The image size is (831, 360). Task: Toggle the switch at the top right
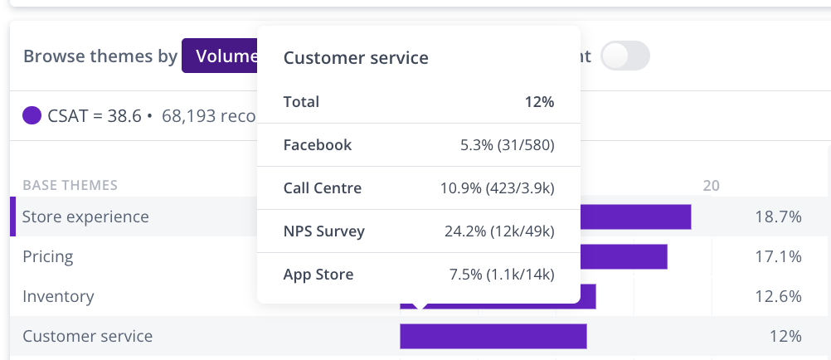point(625,56)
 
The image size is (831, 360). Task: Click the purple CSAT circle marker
point(32,115)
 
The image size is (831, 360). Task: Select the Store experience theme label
point(85,216)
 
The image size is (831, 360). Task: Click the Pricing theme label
point(48,256)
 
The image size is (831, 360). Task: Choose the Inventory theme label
point(58,296)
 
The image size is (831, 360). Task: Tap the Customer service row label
point(87,336)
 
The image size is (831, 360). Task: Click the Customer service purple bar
point(493,336)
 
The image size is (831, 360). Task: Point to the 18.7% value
point(778,216)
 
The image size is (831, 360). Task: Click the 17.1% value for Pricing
point(778,256)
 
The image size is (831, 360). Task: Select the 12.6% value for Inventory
point(778,296)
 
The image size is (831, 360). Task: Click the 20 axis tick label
point(711,185)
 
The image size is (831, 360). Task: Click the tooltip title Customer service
point(356,57)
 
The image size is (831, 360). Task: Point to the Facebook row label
point(318,145)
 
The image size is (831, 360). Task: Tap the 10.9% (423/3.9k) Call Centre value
point(497,188)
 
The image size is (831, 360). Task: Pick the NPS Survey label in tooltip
point(324,231)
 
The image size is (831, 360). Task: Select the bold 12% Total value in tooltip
point(538,102)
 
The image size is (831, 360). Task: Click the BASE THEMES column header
point(70,185)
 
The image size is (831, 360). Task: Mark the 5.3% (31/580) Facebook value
point(507,145)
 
